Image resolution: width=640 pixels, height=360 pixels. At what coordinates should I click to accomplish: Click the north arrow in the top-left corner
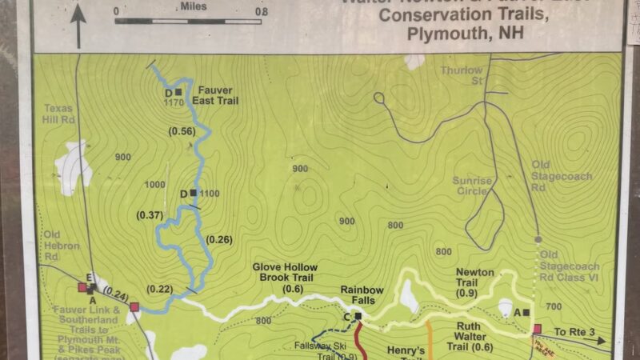tap(78, 24)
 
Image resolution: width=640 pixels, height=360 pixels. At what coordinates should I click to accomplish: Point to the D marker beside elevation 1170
tap(178, 92)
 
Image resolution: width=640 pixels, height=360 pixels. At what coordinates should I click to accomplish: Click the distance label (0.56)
tap(182, 131)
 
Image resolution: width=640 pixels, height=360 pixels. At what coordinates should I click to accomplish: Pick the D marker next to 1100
tap(194, 193)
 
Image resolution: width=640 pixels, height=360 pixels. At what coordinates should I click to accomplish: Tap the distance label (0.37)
tap(150, 214)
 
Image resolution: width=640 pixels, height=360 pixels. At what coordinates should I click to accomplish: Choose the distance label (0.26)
tap(220, 238)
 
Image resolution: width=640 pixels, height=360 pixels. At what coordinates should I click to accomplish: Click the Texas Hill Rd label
tap(58, 114)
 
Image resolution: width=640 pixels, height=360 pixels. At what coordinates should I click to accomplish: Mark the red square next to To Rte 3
tap(537, 329)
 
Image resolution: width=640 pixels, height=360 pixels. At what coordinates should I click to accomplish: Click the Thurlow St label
tap(462, 75)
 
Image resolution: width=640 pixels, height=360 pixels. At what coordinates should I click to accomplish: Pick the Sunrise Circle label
tap(472, 186)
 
